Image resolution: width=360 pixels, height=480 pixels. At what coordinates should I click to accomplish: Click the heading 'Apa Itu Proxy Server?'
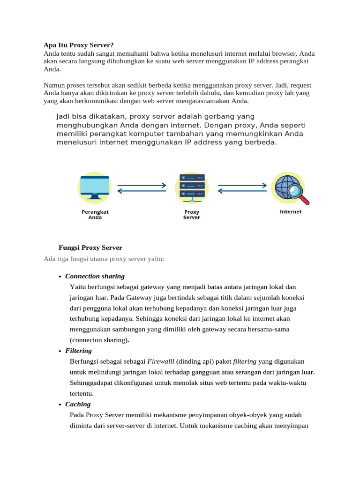pos(78,45)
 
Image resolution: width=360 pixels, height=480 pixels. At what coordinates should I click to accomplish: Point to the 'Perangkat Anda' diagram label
pos(95,214)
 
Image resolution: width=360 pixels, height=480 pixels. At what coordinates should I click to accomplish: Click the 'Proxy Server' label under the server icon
pos(192,214)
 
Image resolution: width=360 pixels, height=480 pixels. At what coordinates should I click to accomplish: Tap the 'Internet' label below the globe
pos(291,211)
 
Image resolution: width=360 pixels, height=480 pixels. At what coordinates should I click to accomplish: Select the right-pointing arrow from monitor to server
pos(142,185)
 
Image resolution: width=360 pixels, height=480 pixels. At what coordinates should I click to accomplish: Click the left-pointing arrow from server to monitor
pos(142,191)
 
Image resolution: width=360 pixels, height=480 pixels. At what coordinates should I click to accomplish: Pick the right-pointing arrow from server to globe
pos(242,185)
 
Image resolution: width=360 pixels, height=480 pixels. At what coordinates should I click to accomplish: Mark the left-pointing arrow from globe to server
pos(242,191)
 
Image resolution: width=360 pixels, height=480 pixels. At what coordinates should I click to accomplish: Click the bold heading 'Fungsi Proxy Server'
pos(90,247)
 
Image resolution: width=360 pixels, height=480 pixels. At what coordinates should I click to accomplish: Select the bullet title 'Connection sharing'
pos(95,276)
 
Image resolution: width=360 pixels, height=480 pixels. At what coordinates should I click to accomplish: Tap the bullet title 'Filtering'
pos(78,351)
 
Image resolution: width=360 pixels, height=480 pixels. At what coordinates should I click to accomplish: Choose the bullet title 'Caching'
pos(78,404)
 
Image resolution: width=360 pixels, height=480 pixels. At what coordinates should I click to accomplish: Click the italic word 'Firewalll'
pos(161,361)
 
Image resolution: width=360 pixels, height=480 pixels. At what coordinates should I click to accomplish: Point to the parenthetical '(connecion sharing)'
pos(99,340)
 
